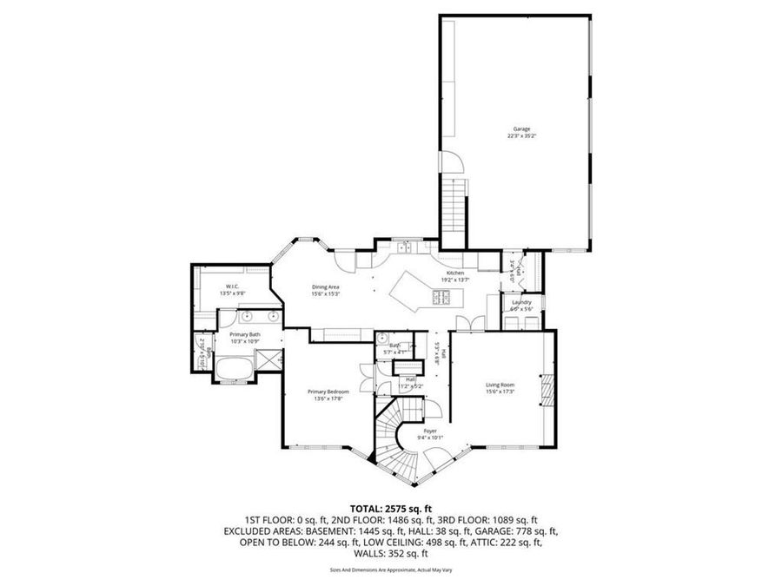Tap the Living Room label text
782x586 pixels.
coord(500,385)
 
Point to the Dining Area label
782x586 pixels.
coord(326,286)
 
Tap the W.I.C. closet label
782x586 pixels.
coord(232,286)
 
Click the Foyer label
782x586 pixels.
coord(429,431)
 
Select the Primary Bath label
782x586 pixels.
coord(244,334)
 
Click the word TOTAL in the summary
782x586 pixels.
coord(365,509)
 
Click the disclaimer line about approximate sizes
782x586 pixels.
coord(391,570)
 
